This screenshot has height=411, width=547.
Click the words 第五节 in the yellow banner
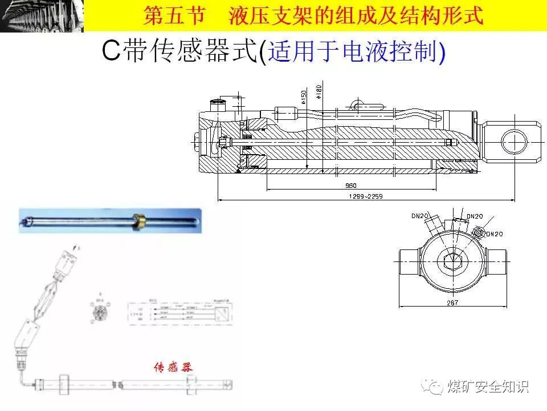tap(173, 15)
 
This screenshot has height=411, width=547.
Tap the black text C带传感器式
tap(180, 52)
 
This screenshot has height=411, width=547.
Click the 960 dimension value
tap(351, 186)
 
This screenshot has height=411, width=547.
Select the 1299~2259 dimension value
tap(365, 197)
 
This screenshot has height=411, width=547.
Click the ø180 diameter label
tap(319, 92)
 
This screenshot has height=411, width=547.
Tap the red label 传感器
tap(173, 367)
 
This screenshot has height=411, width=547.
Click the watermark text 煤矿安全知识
tap(488, 386)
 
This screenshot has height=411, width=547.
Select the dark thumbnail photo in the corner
tap(42, 16)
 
